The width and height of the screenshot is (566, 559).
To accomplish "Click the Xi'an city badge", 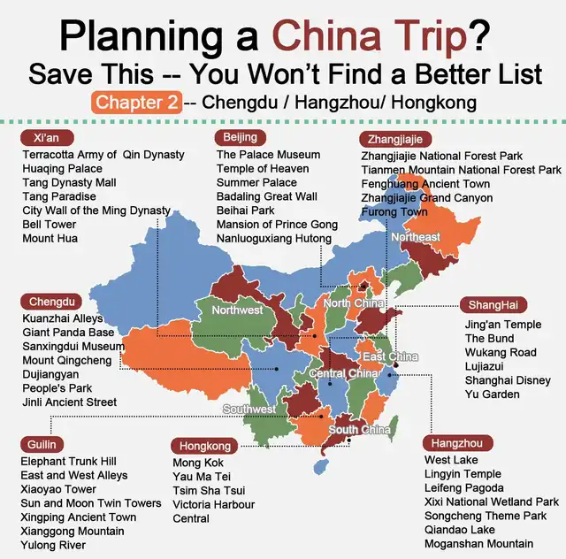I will point(46,139).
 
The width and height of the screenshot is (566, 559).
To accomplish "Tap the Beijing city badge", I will point(240,137).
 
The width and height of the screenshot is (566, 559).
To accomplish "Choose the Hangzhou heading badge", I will point(456,442).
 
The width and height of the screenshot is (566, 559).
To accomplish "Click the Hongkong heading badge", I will point(205,446).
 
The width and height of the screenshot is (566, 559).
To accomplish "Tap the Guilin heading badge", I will point(41,444).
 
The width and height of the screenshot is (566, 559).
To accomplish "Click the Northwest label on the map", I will point(237,310).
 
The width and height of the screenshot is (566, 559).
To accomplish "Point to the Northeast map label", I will point(416,237).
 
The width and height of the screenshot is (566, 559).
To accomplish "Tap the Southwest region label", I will point(248,410).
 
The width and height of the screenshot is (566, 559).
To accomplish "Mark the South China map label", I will point(360,431).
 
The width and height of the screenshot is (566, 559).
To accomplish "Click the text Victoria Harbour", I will point(213,504).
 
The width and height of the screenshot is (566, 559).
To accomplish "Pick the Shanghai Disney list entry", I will point(506,380).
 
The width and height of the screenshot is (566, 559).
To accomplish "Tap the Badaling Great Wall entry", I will point(266,196).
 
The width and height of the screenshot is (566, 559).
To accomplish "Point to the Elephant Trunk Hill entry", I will point(68,462).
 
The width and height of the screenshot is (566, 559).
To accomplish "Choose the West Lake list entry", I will point(451,460).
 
